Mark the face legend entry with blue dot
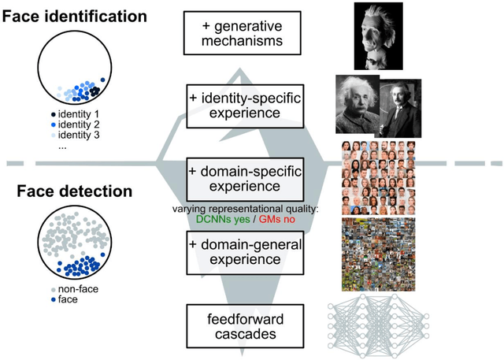click(x=72, y=300)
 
